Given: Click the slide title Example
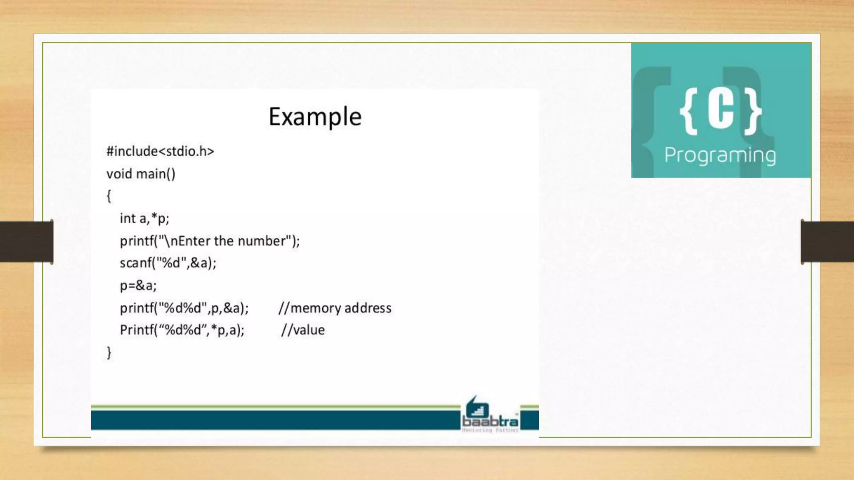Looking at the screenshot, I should (x=315, y=117).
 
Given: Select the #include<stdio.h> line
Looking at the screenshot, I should (x=160, y=151).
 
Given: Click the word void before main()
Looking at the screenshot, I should (x=119, y=174).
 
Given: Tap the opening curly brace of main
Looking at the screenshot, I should (x=109, y=196).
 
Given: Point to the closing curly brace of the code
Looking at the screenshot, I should (x=109, y=352).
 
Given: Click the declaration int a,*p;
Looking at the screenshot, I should (x=144, y=218).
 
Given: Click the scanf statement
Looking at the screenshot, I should (x=168, y=263).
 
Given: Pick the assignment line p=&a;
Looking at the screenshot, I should (x=138, y=285).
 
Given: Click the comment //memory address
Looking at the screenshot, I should (x=335, y=308).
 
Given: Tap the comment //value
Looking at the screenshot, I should (x=303, y=330).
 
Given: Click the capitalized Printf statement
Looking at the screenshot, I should (x=182, y=330).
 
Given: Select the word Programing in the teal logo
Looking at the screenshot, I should (x=720, y=155).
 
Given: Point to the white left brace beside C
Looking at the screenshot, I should (x=689, y=111).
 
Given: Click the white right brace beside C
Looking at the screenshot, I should (x=753, y=111).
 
